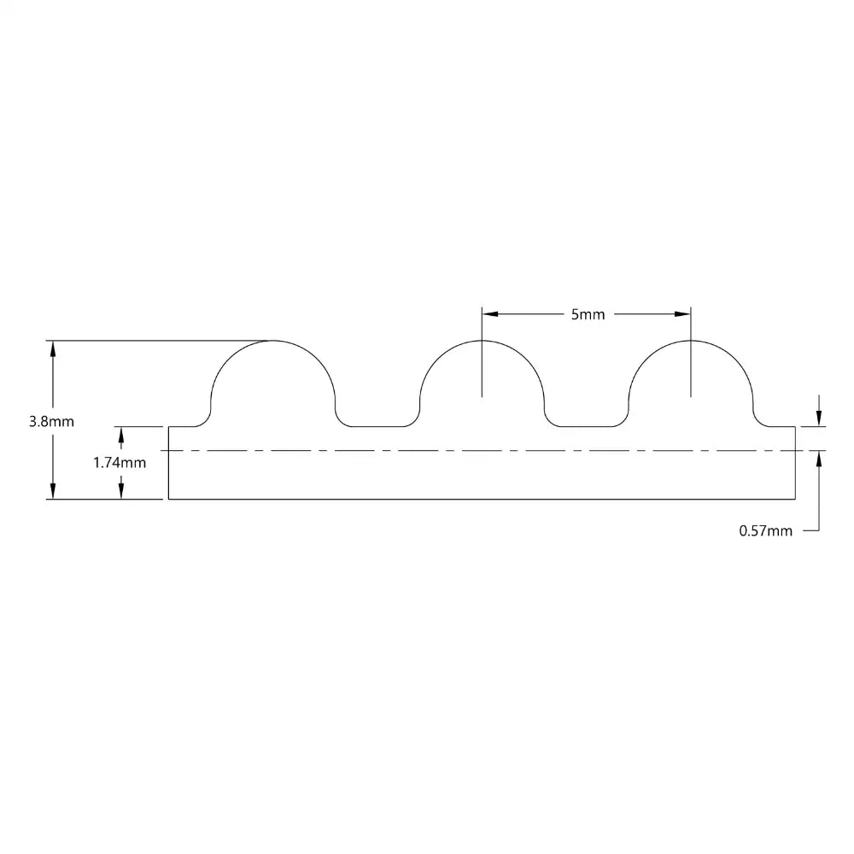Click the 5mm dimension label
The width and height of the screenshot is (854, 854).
tap(587, 314)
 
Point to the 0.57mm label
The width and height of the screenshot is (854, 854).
tap(765, 531)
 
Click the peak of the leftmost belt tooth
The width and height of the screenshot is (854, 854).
tap(272, 341)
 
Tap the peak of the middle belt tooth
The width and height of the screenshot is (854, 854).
tap(483, 341)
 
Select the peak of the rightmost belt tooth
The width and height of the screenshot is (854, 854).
tap(691, 341)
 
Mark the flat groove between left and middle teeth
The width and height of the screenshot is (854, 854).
tap(377, 425)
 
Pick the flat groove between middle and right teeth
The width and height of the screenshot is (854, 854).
tap(587, 425)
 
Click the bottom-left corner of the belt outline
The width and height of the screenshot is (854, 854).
tap(168, 499)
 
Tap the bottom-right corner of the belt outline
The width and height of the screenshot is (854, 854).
tap(795, 499)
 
